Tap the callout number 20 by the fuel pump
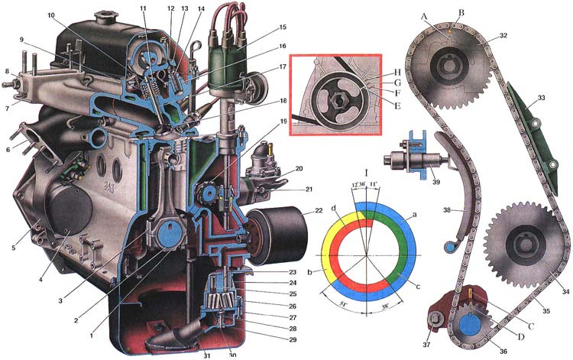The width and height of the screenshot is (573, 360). pyautogui.click(x=298, y=168)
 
